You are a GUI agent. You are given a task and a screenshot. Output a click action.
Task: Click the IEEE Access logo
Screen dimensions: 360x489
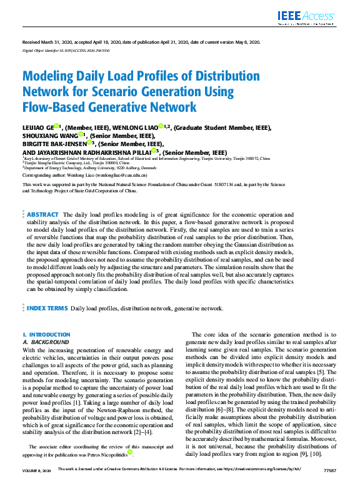(x=311, y=17)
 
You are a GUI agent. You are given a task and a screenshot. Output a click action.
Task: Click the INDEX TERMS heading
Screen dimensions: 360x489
(x=47, y=309)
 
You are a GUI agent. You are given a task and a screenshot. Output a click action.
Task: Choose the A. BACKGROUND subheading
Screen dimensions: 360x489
(x=46, y=342)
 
